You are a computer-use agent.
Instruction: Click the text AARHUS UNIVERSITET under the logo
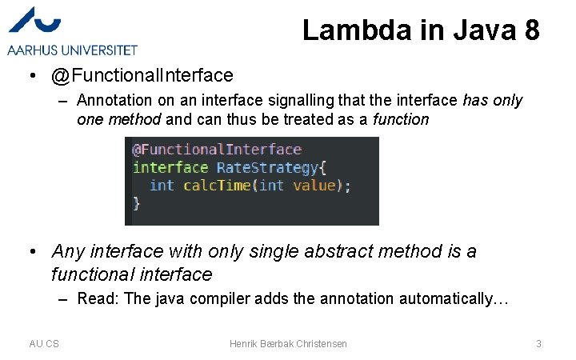73,50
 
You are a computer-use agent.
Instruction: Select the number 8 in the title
531,30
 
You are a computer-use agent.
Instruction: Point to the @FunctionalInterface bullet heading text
142,76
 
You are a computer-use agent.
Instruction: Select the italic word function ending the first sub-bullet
401,120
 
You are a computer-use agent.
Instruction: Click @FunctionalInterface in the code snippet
217,150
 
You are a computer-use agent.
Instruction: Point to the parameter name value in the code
314,185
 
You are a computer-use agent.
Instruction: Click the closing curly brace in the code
136,203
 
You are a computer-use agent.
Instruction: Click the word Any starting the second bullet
68,251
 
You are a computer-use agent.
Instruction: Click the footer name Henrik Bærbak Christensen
288,343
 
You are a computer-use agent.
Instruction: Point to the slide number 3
538,343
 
